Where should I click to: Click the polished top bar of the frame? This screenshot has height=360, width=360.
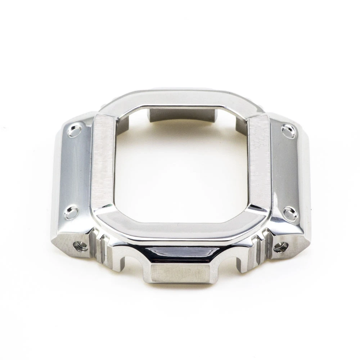(180, 99)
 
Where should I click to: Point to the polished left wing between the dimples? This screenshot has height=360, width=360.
(77, 171)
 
